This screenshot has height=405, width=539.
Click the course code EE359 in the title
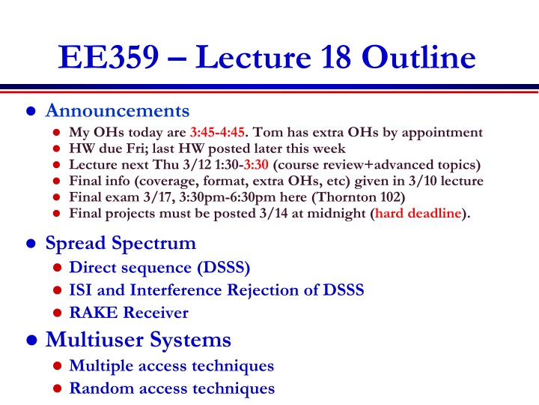[109, 57]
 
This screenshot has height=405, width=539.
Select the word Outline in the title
[418, 57]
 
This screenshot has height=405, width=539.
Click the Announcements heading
[118, 111]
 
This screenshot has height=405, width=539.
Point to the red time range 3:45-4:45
[217, 132]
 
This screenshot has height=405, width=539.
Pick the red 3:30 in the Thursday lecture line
[256, 164]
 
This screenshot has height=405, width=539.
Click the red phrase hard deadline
[418, 213]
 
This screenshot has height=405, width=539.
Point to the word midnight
[336, 214]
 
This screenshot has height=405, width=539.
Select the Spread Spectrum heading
[121, 244]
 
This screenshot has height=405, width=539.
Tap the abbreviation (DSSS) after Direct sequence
[223, 268]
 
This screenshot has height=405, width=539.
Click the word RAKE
[93, 313]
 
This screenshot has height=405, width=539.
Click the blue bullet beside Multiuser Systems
[31, 340]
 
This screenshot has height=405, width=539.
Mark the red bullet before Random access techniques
[58, 388]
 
